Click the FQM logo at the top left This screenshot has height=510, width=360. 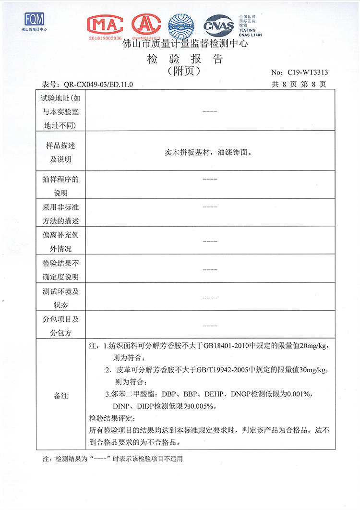[x=34, y=20]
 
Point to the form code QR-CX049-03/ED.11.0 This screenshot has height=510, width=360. [x=98, y=85]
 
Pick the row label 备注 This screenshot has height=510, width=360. [x=61, y=396]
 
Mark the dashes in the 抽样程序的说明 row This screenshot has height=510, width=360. [x=210, y=179]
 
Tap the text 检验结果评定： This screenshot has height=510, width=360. [x=111, y=417]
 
